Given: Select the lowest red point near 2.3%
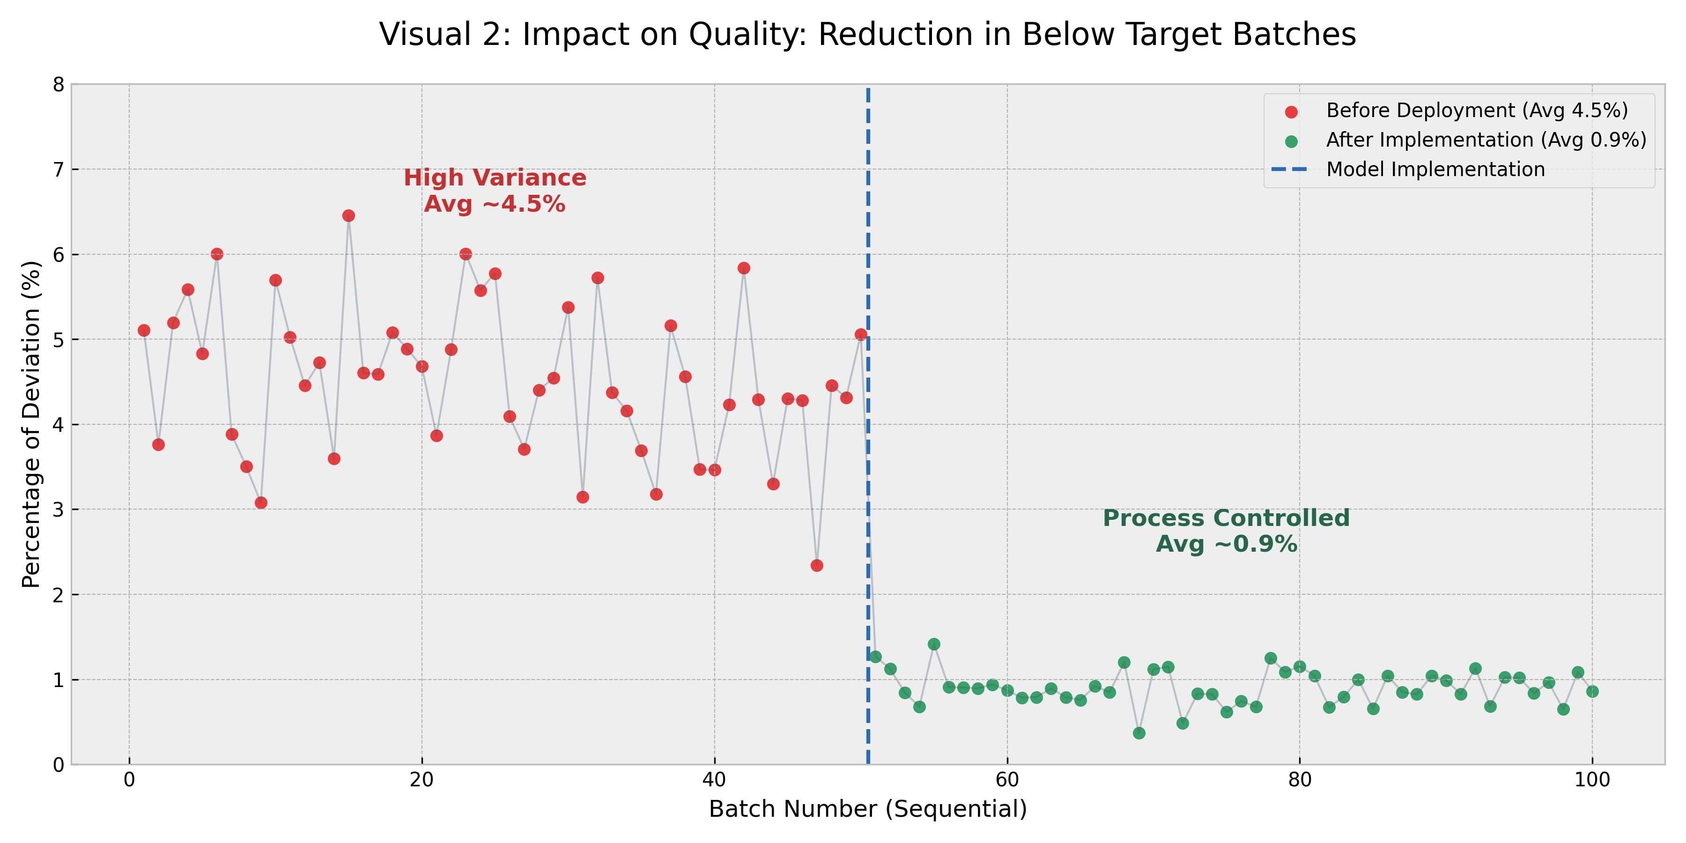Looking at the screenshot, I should pyautogui.click(x=816, y=565).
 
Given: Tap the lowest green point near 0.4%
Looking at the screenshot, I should pyautogui.click(x=1139, y=733).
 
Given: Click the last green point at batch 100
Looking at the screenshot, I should pyautogui.click(x=1592, y=692).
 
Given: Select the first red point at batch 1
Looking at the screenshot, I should pyautogui.click(x=144, y=331).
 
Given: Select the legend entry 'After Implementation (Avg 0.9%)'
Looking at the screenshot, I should pyautogui.click(x=1486, y=140).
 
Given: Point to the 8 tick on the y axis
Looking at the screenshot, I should pyautogui.click(x=59, y=84).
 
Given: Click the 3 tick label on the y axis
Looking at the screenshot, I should pyautogui.click(x=59, y=510).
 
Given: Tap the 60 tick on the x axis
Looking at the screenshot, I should pyautogui.click(x=1006, y=780).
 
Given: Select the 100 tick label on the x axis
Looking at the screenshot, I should pyautogui.click(x=1592, y=780).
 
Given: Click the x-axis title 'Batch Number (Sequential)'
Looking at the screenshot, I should pyautogui.click(x=868, y=810).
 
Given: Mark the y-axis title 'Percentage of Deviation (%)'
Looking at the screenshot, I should pyautogui.click(x=31, y=424).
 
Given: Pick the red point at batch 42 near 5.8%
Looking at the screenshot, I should pyautogui.click(x=744, y=268).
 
